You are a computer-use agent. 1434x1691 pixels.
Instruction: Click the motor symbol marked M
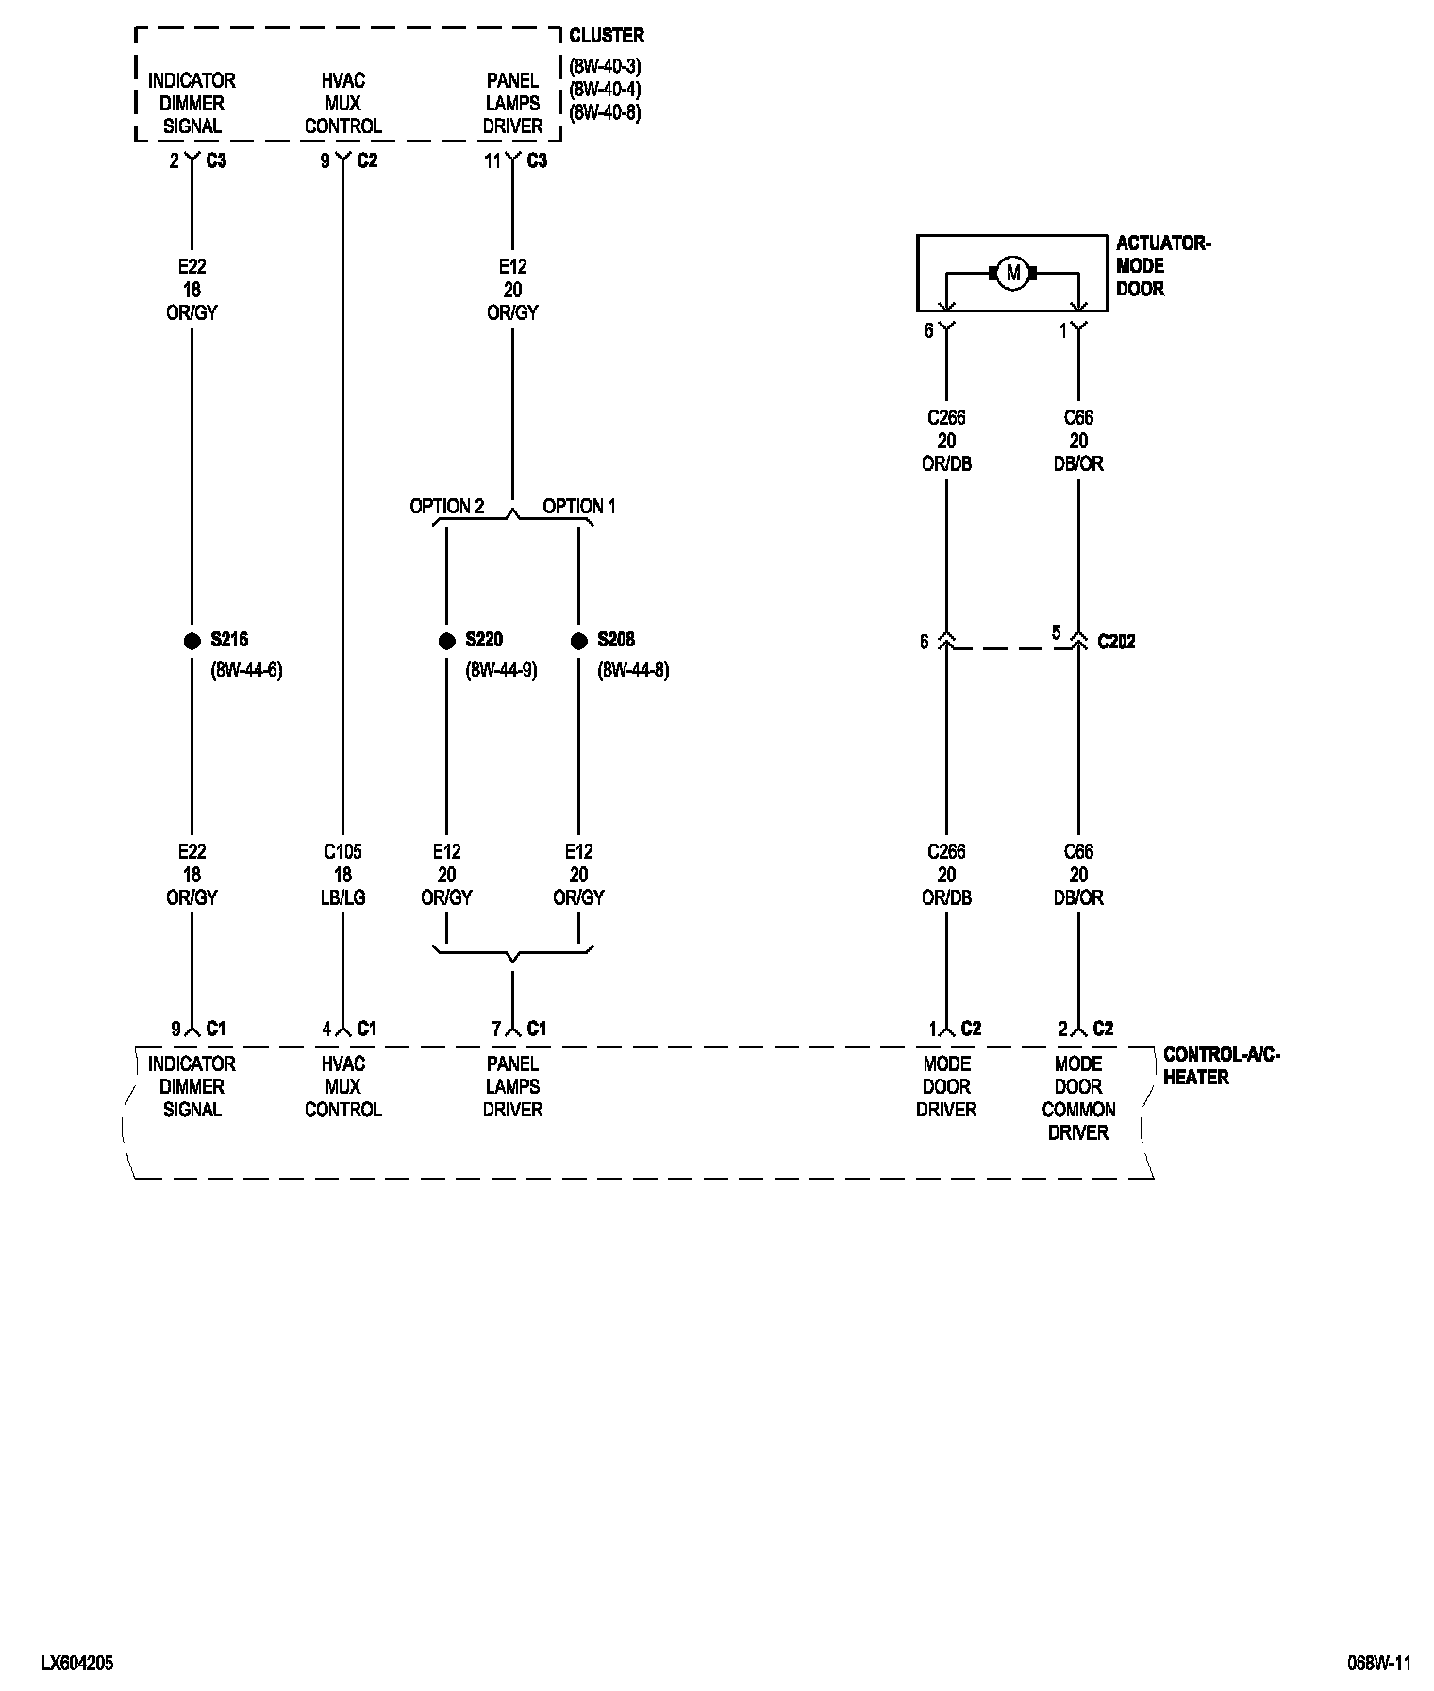[x=1013, y=274]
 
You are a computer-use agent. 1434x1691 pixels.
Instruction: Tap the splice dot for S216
[x=192, y=641]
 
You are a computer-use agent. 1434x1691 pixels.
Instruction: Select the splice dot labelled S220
[x=446, y=641]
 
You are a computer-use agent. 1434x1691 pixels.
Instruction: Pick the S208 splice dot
[x=578, y=641]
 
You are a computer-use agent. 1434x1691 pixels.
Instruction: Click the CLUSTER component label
[x=607, y=36]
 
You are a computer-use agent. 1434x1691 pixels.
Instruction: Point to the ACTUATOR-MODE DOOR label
[x=1162, y=266]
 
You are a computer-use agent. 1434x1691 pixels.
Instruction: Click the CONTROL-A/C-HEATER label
[x=1221, y=1065]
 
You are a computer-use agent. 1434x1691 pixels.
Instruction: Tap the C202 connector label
[x=1116, y=642]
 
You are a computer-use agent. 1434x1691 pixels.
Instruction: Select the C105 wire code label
[x=342, y=852]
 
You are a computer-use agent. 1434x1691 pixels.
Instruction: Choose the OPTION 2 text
[x=446, y=507]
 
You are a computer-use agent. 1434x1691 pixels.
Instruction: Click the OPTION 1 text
[x=578, y=507]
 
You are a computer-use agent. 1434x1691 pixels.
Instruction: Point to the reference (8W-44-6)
[x=246, y=671]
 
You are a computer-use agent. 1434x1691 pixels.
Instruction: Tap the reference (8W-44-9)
[x=501, y=671]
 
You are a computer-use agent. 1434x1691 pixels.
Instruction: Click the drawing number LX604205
[x=77, y=1664]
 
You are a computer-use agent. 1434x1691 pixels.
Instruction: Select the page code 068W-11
[x=1378, y=1664]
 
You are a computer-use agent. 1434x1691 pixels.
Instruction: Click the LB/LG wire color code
[x=342, y=897]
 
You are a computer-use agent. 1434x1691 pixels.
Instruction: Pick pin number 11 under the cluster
[x=492, y=161]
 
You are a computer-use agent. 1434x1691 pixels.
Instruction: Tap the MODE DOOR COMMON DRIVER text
[x=1078, y=1098]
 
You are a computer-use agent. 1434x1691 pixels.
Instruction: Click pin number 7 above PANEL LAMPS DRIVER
[x=496, y=1029]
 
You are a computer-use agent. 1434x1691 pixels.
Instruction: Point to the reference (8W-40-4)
[x=605, y=90]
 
